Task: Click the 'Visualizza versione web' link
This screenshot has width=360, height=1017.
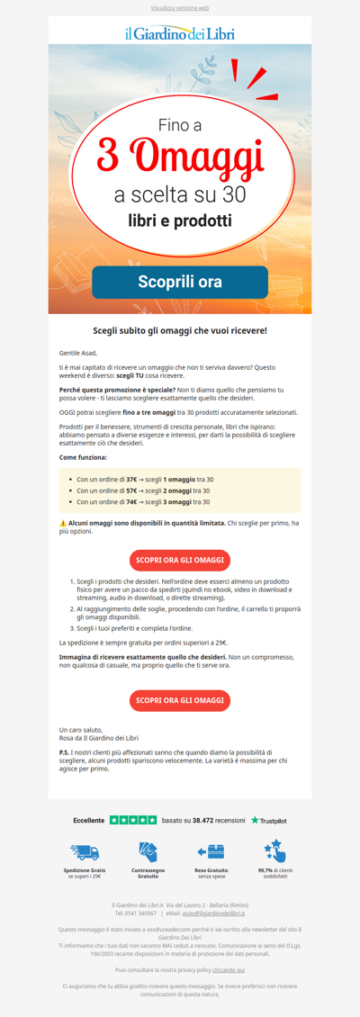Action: coord(180,6)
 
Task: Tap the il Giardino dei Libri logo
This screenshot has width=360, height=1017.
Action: coord(180,33)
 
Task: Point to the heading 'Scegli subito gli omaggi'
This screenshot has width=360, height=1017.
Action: coord(180,331)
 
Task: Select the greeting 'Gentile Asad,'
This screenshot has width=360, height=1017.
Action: coord(77,354)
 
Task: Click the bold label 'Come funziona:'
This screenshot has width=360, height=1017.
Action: coord(84,458)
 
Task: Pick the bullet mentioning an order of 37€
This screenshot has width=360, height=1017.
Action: coord(145,480)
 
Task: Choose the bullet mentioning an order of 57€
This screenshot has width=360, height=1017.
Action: coord(145,490)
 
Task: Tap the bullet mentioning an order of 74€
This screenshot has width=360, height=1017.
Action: coord(145,501)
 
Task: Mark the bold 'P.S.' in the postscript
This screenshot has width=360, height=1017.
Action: coord(65,750)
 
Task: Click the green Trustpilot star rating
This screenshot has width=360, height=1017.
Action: coord(132,820)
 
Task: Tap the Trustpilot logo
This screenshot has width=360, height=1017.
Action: coord(268,820)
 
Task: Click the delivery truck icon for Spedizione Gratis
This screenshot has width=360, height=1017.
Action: coord(84,851)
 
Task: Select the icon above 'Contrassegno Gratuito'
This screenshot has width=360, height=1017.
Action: coord(148,851)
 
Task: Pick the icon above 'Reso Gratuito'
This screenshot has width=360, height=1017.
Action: coord(211,851)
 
